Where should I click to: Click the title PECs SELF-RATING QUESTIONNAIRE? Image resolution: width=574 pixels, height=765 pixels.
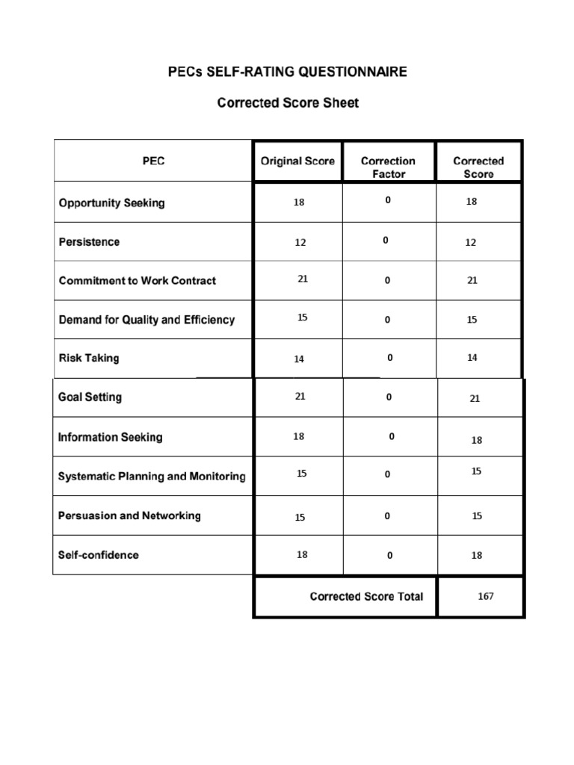(288, 72)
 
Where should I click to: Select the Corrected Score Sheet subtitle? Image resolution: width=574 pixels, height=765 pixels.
(288, 103)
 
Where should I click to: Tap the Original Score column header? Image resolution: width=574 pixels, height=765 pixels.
(297, 161)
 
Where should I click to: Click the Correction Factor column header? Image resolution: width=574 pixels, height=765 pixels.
(388, 167)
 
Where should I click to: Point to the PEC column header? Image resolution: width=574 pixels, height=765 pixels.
(153, 161)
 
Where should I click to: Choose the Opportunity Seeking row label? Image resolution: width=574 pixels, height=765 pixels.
(112, 203)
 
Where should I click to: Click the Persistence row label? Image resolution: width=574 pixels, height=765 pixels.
(89, 242)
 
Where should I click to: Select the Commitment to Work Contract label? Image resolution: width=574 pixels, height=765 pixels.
(138, 281)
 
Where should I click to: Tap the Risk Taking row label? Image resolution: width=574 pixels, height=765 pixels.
(89, 358)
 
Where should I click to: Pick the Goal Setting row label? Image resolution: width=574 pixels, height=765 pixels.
(90, 397)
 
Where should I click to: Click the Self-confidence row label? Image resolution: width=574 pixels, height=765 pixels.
(99, 555)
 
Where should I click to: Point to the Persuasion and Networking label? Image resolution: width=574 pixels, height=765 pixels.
(129, 516)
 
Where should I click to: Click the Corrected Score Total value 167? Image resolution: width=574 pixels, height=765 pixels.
(486, 596)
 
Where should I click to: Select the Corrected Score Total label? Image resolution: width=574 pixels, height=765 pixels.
(366, 596)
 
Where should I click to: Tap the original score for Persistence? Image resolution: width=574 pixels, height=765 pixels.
(300, 243)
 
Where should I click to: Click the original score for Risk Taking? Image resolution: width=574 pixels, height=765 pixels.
(299, 359)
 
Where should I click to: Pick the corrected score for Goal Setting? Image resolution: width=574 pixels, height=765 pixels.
(475, 399)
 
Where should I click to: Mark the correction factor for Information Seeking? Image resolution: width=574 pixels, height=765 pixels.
(392, 436)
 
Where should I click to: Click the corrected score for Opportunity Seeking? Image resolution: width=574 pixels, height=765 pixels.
(472, 202)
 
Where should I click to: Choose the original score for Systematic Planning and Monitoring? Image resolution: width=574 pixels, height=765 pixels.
(302, 474)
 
